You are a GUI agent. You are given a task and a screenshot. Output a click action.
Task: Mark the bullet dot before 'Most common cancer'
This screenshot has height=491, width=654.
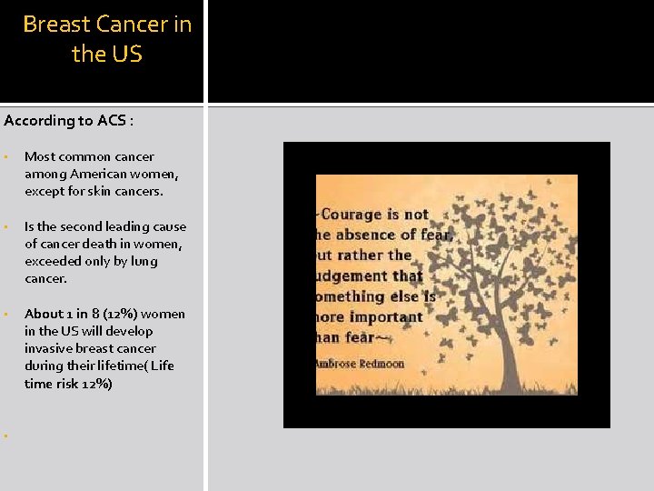tap(6, 157)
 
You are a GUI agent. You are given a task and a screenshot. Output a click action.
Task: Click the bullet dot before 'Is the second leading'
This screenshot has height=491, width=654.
tap(6, 227)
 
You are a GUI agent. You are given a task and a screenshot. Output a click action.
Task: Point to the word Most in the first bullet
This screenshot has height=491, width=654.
tap(39, 156)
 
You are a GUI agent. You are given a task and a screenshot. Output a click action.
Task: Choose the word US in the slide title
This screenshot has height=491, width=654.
tap(126, 55)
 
